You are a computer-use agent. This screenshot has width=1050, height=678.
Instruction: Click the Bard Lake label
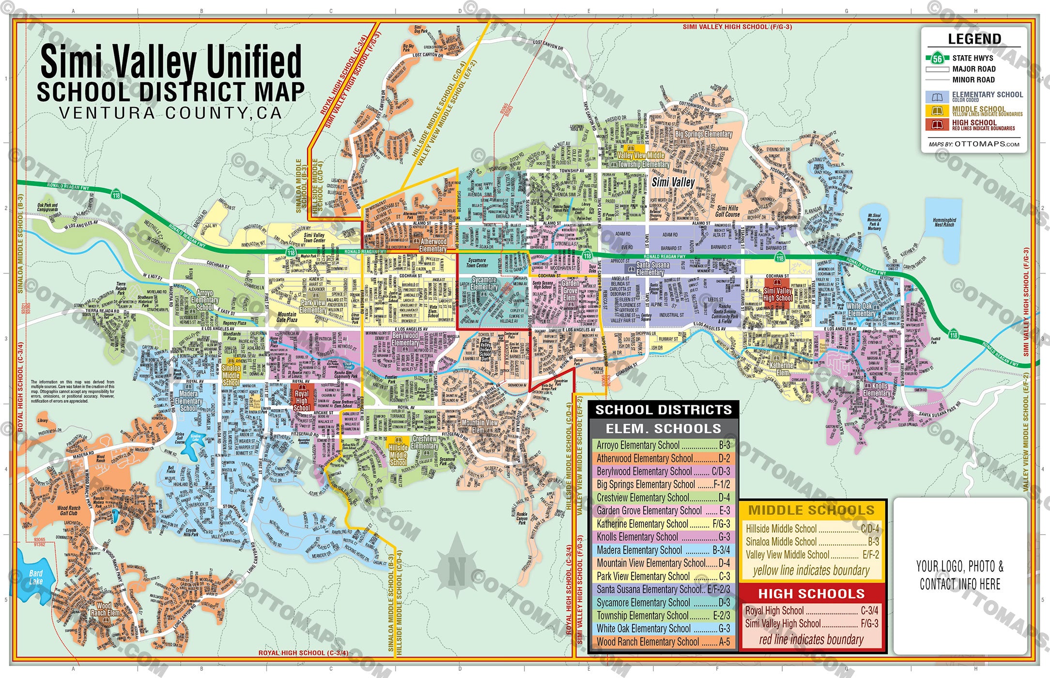click(36, 577)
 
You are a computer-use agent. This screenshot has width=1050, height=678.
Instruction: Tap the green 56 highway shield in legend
click(938, 59)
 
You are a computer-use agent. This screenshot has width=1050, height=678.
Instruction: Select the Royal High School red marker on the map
click(301, 398)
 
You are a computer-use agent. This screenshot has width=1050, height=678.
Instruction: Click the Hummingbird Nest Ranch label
click(944, 222)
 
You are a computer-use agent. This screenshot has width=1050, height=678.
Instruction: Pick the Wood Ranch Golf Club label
click(68, 510)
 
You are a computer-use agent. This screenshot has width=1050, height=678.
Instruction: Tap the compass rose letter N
click(457, 571)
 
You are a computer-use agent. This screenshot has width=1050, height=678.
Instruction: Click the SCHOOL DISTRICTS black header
click(663, 410)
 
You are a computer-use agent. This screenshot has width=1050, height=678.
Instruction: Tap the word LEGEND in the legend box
click(974, 39)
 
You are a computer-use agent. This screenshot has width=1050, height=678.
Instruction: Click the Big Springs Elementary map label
click(703, 134)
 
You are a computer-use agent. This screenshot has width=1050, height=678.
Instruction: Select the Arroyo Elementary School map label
click(204, 300)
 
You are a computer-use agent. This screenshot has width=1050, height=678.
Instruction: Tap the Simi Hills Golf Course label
click(727, 211)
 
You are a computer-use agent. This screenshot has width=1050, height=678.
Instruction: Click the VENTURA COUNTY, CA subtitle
click(170, 113)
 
